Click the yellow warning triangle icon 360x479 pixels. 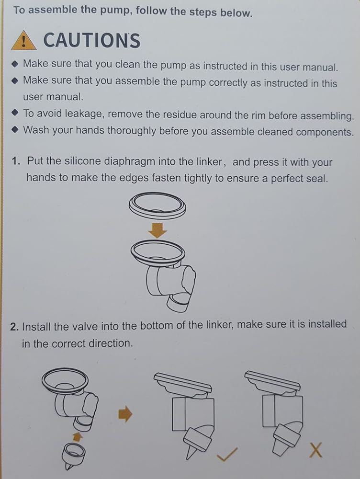click(x=24, y=41)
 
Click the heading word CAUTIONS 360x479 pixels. click(x=92, y=40)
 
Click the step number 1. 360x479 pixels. click(x=16, y=160)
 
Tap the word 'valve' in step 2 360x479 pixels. click(x=84, y=326)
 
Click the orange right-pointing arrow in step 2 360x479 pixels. click(x=125, y=414)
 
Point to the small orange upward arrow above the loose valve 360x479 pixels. click(x=78, y=436)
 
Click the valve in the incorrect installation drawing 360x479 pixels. click(x=285, y=437)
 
